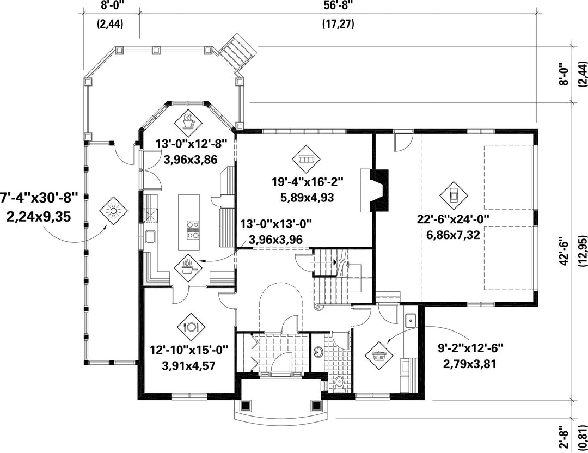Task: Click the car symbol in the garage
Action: coord(454,195)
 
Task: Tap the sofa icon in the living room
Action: coord(305,160)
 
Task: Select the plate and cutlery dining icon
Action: coord(191,327)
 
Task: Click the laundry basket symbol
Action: coord(380,354)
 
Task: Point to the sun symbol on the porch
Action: coord(113,211)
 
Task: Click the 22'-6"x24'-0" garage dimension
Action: coord(454,218)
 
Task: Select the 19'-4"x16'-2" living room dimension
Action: coord(308,182)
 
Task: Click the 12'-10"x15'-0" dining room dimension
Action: coord(189,350)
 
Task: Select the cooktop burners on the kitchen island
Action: coord(193,230)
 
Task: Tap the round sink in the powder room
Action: coord(318,352)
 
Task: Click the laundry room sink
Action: coord(411,320)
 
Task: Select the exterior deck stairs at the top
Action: coord(237,52)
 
